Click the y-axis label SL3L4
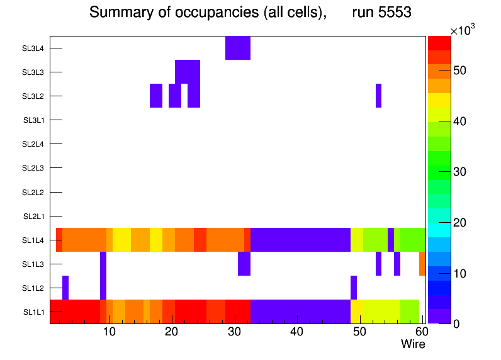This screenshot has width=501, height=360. [x=34, y=48]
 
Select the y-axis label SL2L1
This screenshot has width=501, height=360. [x=34, y=217]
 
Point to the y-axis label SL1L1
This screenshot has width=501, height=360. [x=34, y=312]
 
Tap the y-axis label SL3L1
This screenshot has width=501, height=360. [x=34, y=120]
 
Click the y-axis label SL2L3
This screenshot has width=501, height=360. [x=34, y=168]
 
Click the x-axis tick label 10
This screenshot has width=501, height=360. [x=109, y=332]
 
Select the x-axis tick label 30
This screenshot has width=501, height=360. [x=234, y=332]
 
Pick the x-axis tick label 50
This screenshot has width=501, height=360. [x=359, y=332]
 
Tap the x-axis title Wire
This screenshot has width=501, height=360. [x=413, y=344]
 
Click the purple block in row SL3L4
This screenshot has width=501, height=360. [x=238, y=48]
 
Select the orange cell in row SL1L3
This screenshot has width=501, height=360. [x=422, y=264]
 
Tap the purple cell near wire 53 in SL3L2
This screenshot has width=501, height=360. [x=379, y=96]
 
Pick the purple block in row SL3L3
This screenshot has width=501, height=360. [x=188, y=72]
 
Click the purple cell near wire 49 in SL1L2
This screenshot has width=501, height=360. [x=354, y=288]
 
